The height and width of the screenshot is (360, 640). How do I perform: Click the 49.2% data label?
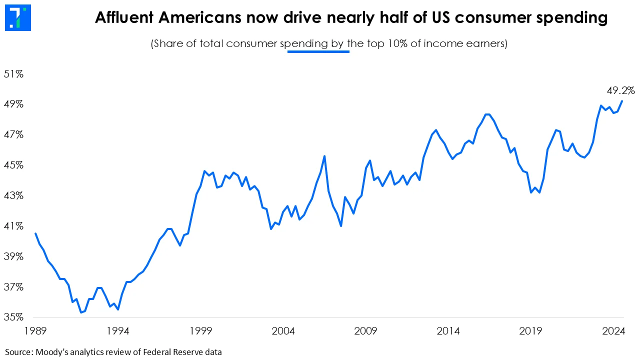[620, 90]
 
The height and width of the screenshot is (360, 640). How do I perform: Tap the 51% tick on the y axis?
[14, 74]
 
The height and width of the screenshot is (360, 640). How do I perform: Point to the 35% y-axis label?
[14, 317]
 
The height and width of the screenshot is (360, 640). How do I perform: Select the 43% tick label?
[14, 195]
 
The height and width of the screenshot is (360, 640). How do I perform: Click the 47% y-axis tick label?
[14, 134]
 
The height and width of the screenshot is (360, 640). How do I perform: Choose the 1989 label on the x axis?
[35, 331]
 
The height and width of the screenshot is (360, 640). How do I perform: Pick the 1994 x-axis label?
[117, 331]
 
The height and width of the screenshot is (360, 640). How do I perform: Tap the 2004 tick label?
[283, 331]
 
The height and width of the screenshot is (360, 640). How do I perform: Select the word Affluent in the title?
[127, 18]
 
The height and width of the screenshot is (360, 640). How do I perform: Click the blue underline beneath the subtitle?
[318, 51]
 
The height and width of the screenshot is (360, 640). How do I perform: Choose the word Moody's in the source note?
[53, 351]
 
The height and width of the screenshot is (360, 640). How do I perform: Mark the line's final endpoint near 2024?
[622, 101]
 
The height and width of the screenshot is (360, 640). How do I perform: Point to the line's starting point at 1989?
[35, 233]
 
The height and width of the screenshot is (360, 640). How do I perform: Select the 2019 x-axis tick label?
[531, 331]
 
